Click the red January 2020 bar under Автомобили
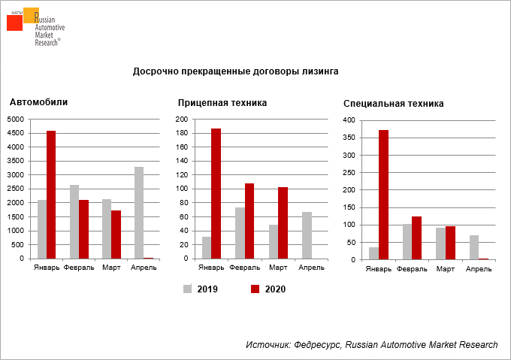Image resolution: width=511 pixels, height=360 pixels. point(51,195)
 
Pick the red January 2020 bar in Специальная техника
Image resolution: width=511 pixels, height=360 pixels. point(383,195)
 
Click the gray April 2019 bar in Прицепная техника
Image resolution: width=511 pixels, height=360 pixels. point(307,235)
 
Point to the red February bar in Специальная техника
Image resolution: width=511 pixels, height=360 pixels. point(417,237)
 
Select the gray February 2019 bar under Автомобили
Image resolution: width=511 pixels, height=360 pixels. point(74,222)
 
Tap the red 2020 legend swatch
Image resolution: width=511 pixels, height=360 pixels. point(255,289)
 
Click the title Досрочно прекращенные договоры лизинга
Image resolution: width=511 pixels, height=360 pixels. point(235,71)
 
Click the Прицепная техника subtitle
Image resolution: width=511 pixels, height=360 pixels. point(222,103)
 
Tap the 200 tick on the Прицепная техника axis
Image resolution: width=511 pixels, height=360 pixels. point(183,119)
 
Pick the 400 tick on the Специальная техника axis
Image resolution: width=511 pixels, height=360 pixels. point(349,120)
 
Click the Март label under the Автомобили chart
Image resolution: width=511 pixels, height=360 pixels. point(111,268)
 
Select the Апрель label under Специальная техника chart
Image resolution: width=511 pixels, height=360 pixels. point(479,268)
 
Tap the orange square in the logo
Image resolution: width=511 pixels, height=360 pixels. point(31,14)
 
